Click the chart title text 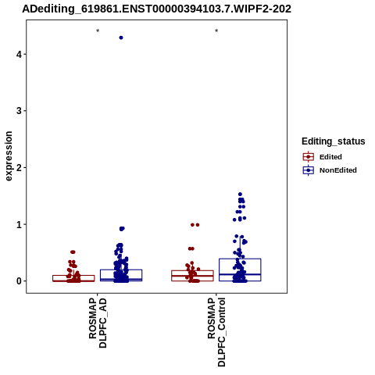[156, 9]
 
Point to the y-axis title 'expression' [9, 156]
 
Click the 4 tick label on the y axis [19, 54]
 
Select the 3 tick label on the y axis [19, 111]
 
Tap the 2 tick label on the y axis [19, 167]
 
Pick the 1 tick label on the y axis [19, 224]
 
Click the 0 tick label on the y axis [19, 281]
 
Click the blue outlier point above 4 [121, 37]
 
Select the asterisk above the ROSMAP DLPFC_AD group [98, 31]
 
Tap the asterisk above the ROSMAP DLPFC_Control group [216, 31]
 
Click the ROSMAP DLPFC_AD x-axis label [98, 323]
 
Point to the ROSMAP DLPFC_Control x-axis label [216, 332]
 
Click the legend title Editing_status [334, 141]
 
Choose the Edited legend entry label [330, 157]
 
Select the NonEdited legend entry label [338, 170]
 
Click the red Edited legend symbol [309, 157]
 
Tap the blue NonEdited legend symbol [309, 170]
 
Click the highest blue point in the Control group [240, 195]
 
